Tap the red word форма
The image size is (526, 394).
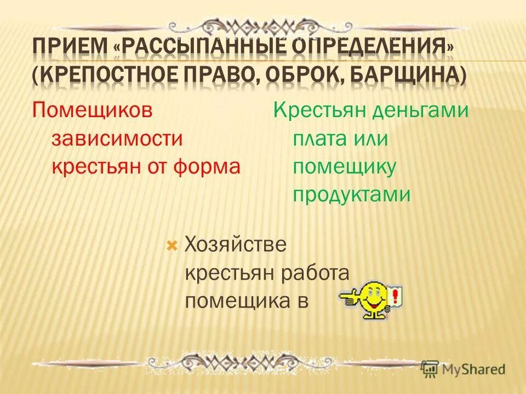209,166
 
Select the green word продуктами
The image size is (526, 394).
351,194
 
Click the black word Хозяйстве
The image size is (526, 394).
236,245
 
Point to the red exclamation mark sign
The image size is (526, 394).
395,297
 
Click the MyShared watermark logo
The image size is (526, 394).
464,369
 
